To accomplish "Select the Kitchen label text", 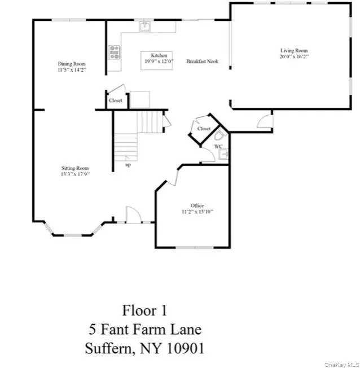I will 159,55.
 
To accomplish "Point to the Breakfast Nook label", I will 203,61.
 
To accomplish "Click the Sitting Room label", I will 75,168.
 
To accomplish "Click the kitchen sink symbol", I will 145,25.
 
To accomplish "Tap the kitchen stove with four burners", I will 115,52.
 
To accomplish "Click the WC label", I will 218,147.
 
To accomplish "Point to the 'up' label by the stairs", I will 128,165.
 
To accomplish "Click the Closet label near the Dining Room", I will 115,100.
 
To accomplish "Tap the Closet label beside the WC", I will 204,129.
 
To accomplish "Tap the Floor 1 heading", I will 144,310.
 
